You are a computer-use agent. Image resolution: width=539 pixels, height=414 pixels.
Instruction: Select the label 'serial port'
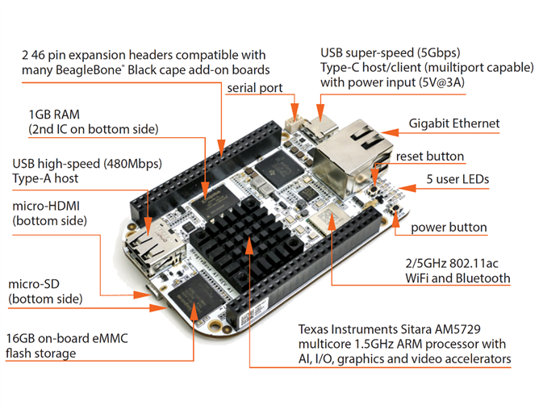[254, 87]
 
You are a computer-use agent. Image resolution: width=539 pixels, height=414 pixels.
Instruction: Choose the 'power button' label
[449, 227]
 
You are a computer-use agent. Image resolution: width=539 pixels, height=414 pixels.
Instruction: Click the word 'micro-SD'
[36, 284]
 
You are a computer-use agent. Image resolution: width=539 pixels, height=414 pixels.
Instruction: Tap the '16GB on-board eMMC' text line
[69, 337]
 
